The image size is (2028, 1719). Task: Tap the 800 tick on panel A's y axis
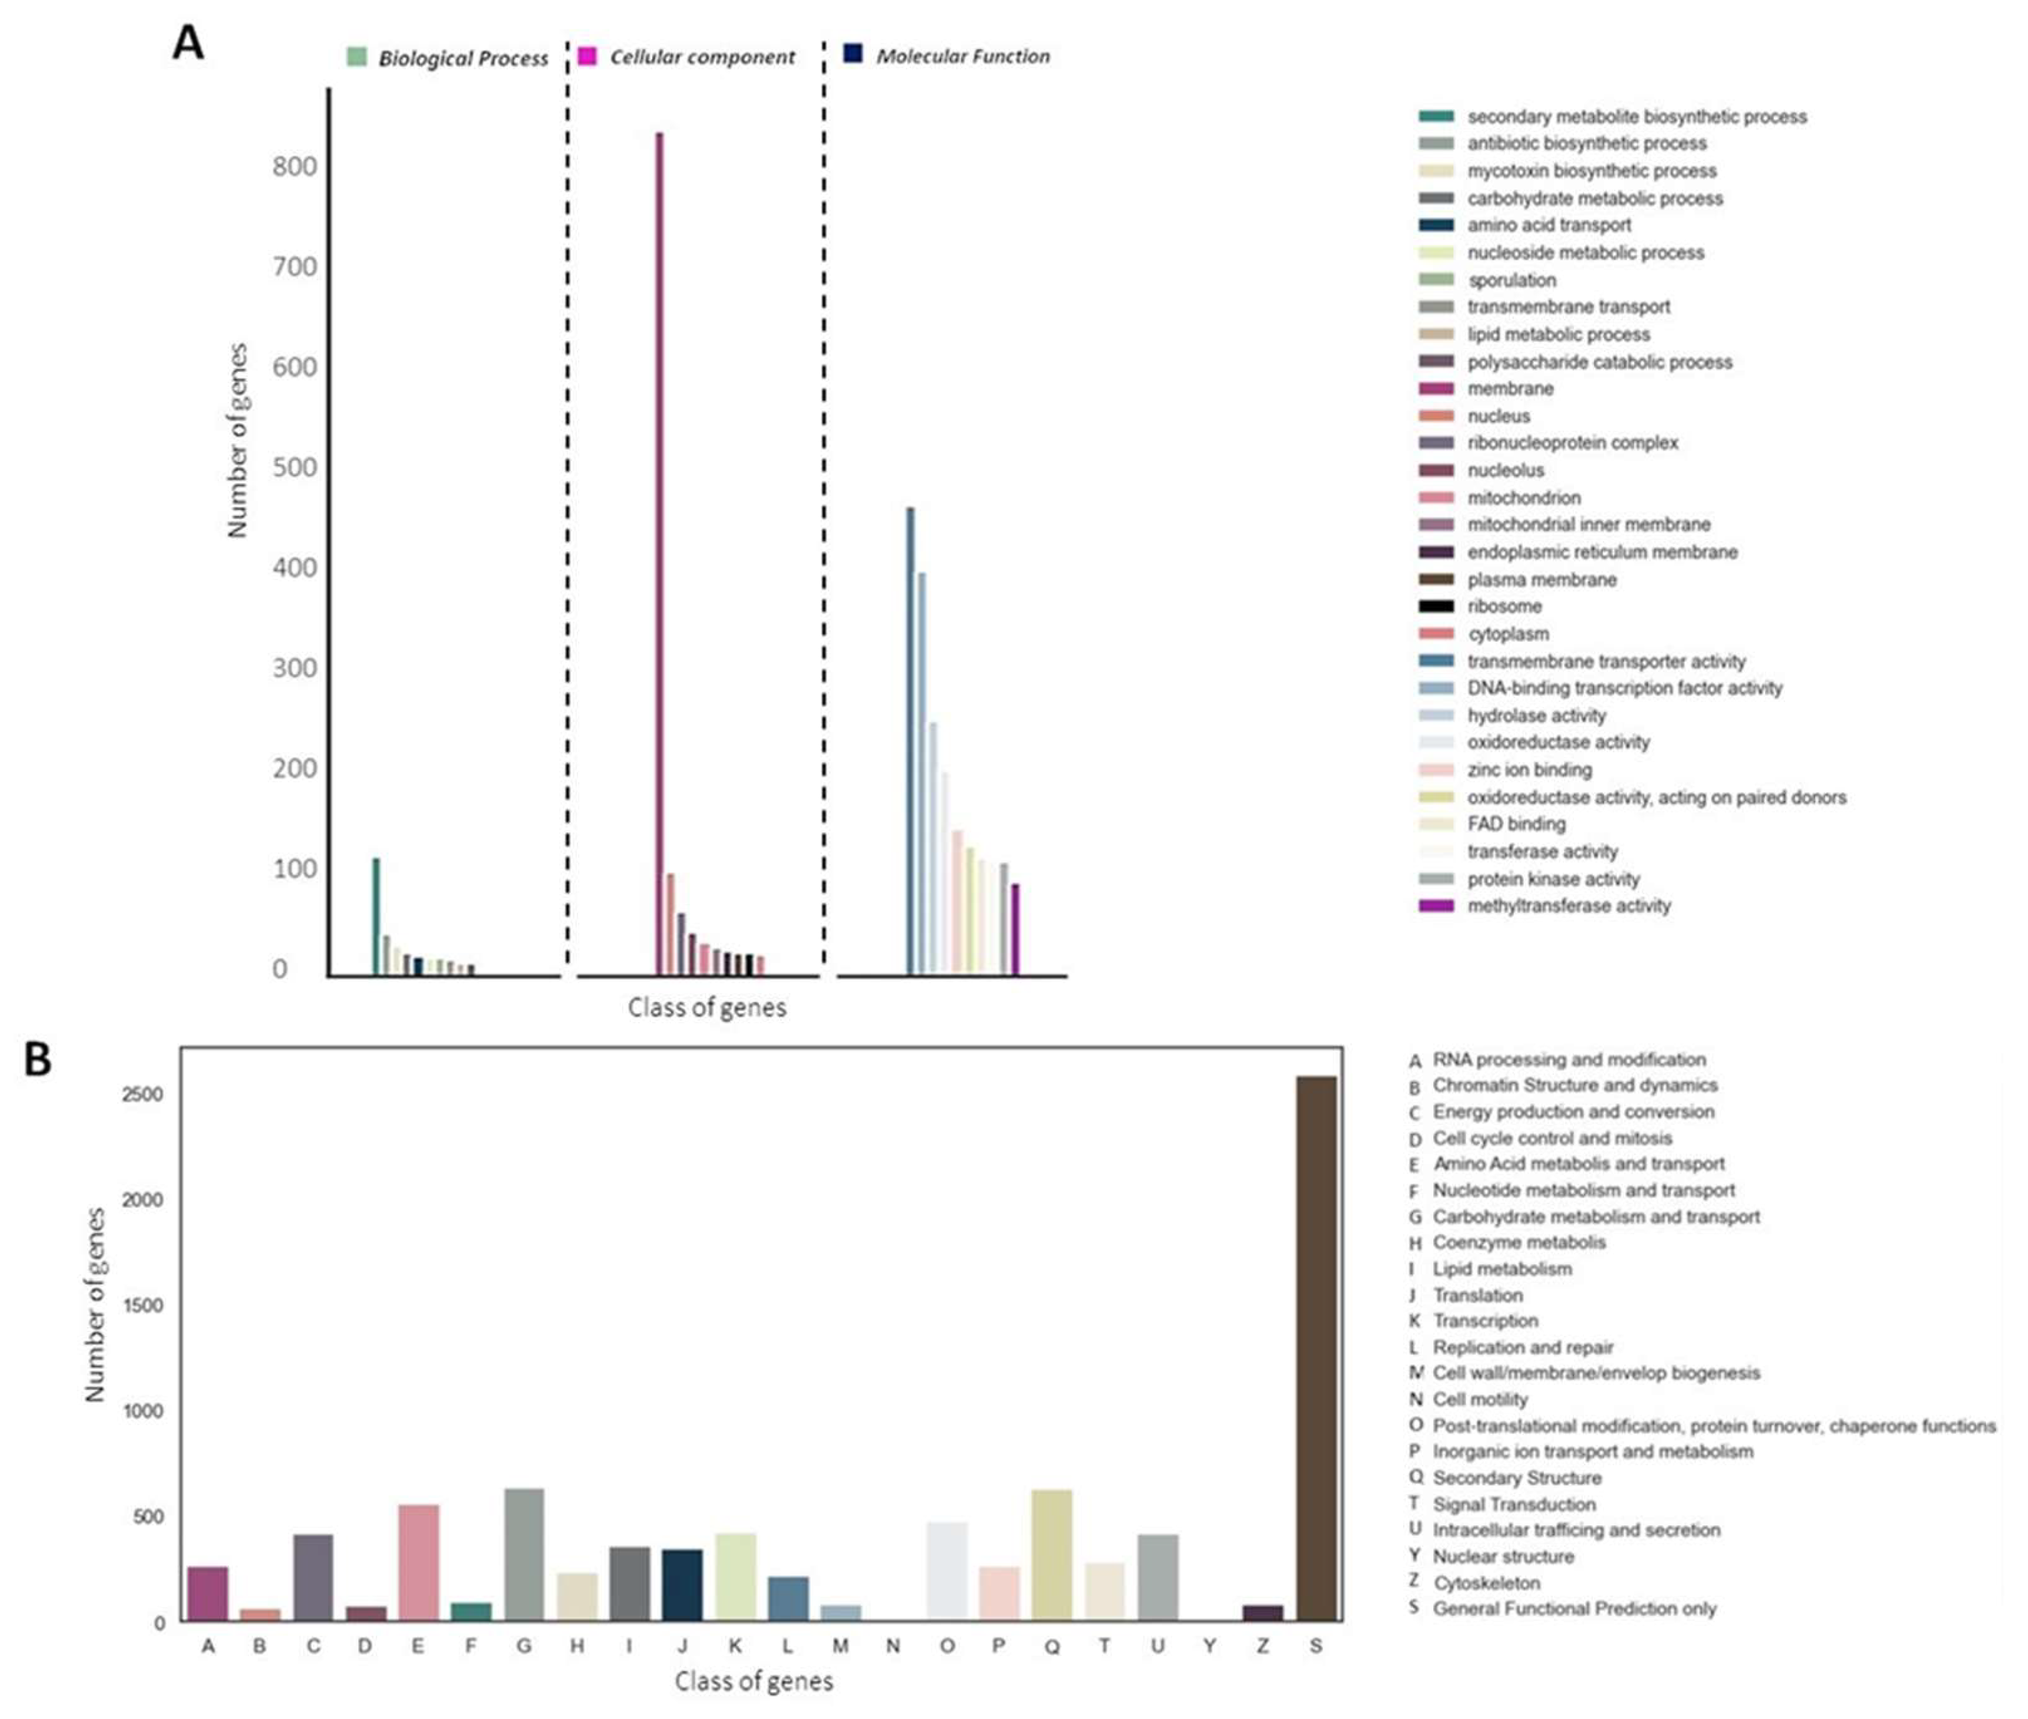coord(294,167)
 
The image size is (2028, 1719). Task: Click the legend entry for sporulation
coord(1511,280)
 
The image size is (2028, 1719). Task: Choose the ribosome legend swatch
coord(1435,606)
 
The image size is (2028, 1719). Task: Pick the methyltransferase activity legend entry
coord(1568,905)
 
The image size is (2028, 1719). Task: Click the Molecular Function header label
coord(963,57)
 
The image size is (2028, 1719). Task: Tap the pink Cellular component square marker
coord(587,55)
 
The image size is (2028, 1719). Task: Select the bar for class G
coord(524,1554)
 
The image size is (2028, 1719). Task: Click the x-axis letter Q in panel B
coord(1051,1647)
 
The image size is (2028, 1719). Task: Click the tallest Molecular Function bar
coord(911,740)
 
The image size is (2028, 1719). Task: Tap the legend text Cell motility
coord(1479,1399)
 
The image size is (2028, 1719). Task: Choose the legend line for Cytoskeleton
coord(1486,1583)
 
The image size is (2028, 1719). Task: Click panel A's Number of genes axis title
coord(238,441)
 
